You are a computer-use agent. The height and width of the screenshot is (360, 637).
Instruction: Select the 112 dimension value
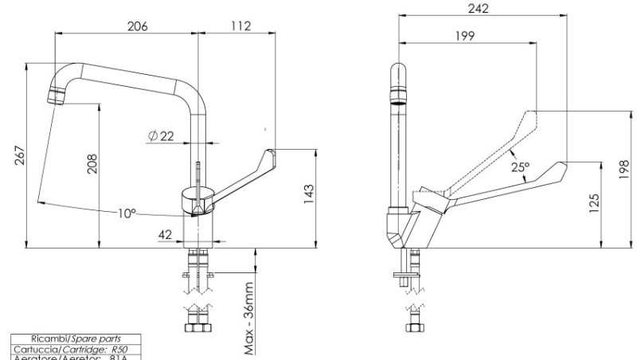(x=240, y=25)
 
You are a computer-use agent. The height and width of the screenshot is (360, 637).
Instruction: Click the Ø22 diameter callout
(x=161, y=136)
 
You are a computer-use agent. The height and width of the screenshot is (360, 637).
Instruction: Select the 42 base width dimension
(x=165, y=234)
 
